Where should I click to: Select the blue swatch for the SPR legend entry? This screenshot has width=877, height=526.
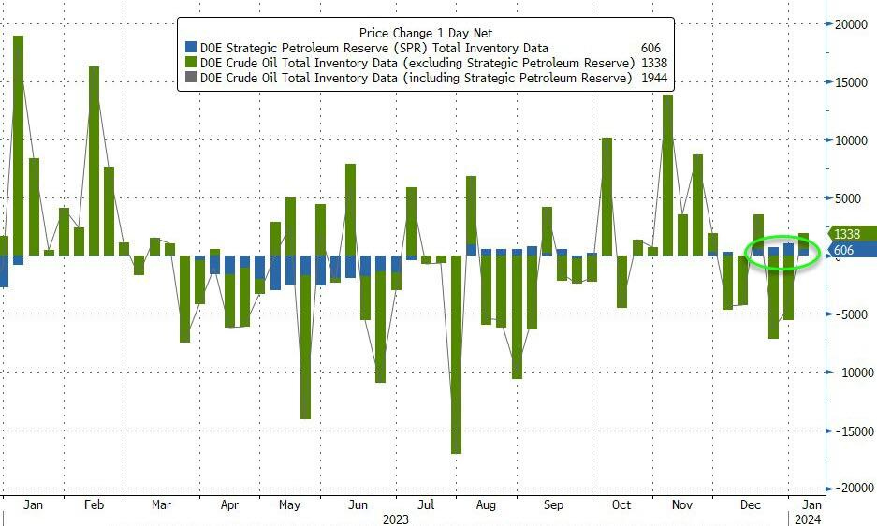coord(191,48)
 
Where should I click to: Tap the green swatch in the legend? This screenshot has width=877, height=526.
coord(191,63)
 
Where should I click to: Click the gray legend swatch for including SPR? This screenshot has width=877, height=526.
coord(191,78)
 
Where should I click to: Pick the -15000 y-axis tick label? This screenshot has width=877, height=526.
coord(847,431)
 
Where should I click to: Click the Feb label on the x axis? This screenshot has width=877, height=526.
coord(94,505)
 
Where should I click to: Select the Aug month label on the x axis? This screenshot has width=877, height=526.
coord(486,505)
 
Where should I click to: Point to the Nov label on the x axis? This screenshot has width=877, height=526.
coord(682,505)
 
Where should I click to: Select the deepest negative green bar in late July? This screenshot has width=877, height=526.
coord(456,356)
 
